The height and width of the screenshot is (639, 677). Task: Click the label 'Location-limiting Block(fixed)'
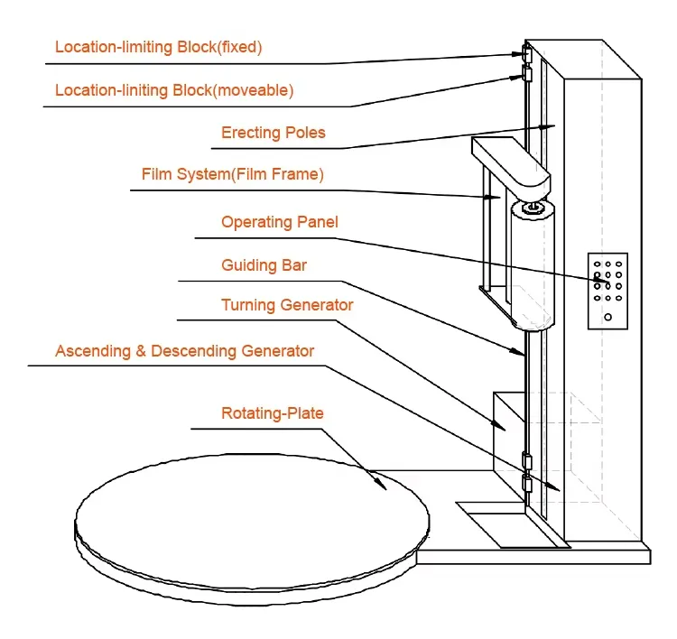click(x=158, y=47)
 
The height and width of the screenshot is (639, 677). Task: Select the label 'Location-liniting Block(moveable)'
click(x=174, y=90)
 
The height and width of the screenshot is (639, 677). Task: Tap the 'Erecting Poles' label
click(x=273, y=133)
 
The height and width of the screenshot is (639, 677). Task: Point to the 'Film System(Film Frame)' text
click(x=232, y=174)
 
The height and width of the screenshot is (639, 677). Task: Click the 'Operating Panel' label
click(x=280, y=222)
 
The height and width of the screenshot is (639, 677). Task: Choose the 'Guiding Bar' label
click(x=263, y=265)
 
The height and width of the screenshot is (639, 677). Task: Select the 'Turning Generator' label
click(x=287, y=306)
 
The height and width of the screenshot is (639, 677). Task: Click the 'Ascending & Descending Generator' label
click(x=184, y=350)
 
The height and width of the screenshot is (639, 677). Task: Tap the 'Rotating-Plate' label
click(x=272, y=413)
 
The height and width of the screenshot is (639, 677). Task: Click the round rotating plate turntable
click(x=253, y=523)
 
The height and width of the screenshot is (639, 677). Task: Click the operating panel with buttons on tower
click(x=607, y=290)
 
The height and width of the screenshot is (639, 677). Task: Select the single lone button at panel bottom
click(x=608, y=316)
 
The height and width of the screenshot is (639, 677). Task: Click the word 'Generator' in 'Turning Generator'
click(x=320, y=306)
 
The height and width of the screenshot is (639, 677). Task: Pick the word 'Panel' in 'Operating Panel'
click(x=318, y=222)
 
